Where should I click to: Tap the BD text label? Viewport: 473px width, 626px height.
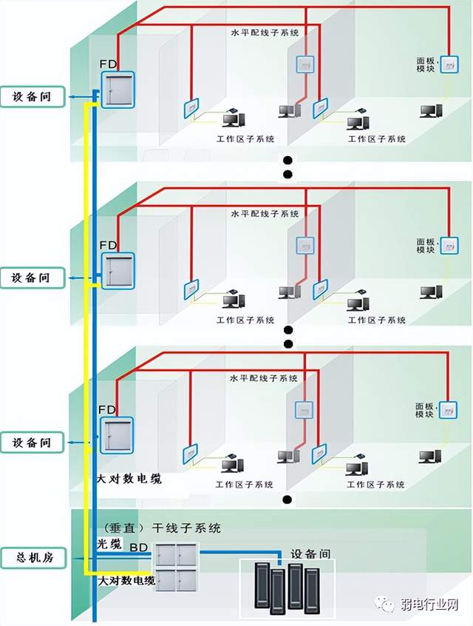coord(138,547)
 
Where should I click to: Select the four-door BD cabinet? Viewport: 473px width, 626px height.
coord(177,566)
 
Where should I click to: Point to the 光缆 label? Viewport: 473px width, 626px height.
coord(109,544)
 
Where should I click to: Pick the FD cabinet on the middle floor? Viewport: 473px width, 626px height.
coord(118,270)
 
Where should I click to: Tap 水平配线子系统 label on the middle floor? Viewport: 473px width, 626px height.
coord(265,213)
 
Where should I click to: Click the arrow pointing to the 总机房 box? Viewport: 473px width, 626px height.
coord(73,556)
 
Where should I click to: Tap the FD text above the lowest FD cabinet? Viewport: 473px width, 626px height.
coord(108,409)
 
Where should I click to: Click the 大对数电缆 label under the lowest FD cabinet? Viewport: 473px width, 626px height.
coord(129,479)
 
